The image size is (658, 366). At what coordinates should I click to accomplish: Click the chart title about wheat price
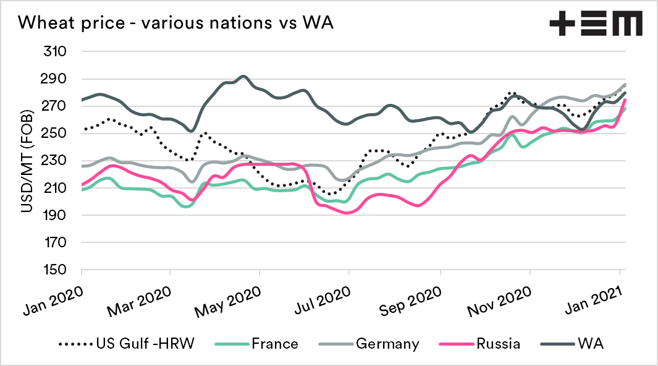177,23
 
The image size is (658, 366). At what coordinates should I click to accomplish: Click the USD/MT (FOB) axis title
27,161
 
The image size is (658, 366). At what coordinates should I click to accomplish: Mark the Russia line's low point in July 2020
348,213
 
